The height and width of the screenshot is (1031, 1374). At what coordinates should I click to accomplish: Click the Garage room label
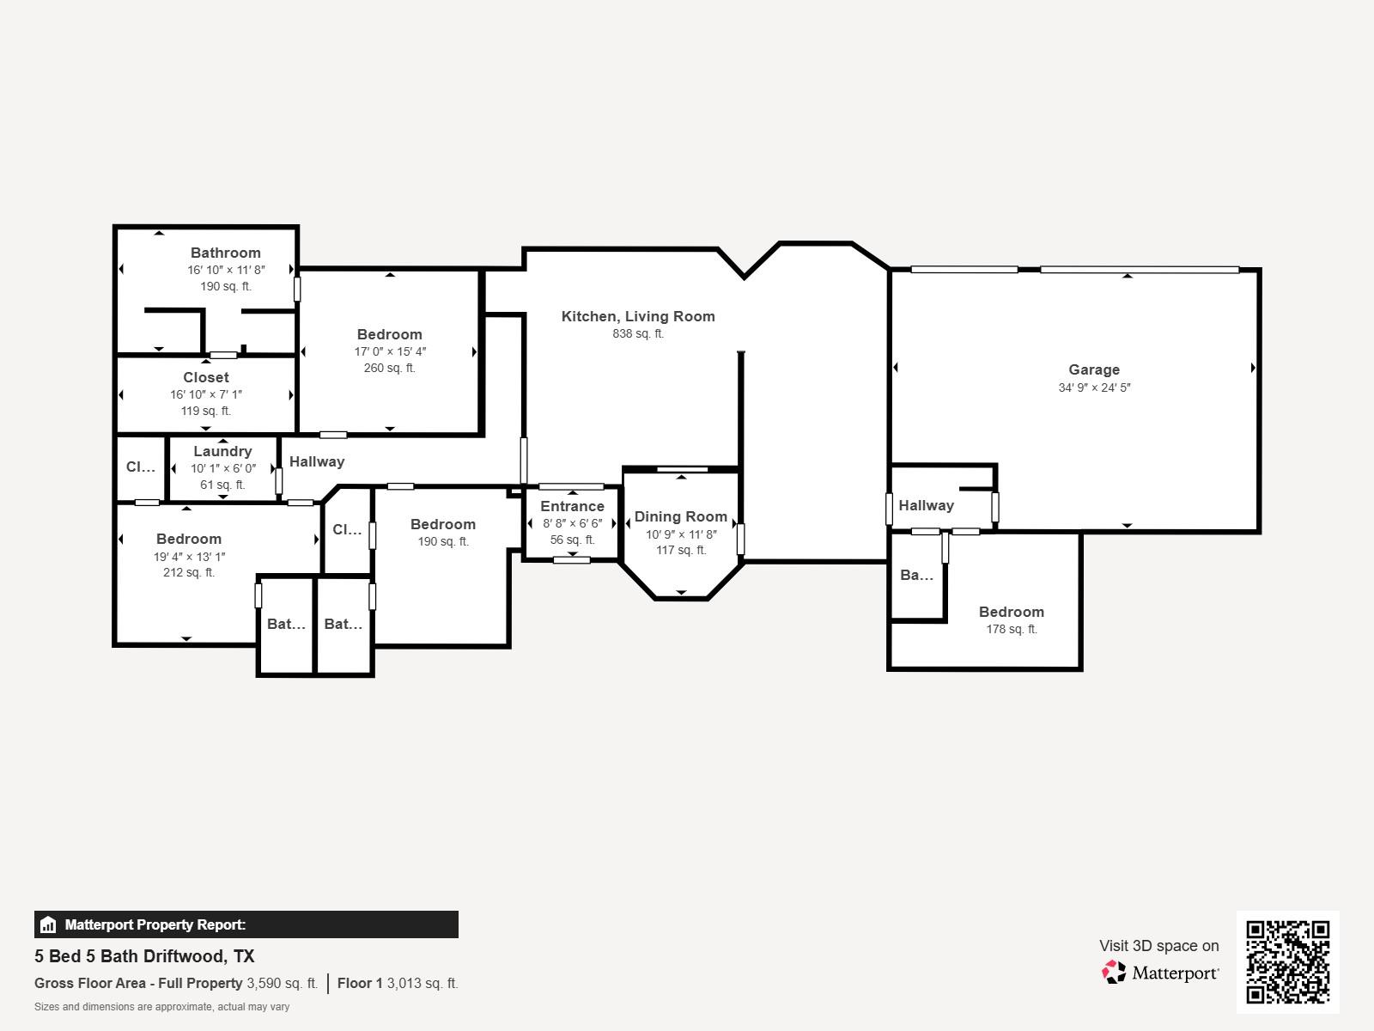click(1094, 369)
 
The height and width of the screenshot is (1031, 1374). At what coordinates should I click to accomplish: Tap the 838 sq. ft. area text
click(638, 334)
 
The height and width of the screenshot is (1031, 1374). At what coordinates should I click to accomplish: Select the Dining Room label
click(681, 516)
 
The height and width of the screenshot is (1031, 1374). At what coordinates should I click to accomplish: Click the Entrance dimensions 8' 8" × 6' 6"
click(572, 523)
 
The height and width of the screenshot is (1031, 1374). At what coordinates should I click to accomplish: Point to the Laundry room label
click(222, 451)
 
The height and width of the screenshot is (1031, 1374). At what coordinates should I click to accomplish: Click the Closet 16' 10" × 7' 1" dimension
click(206, 394)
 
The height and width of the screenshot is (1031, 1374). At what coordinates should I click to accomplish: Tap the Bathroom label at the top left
click(226, 253)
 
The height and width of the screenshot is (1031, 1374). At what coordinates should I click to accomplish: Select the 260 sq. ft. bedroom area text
click(390, 368)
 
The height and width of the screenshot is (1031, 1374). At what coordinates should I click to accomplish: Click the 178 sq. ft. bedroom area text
click(1012, 629)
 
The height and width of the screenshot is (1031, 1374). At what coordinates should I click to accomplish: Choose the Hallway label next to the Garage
click(926, 505)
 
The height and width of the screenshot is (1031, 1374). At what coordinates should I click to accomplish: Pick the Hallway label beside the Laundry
click(317, 461)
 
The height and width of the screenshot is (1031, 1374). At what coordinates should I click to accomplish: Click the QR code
click(1287, 961)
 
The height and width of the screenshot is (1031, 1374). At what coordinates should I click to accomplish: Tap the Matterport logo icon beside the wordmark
click(1114, 972)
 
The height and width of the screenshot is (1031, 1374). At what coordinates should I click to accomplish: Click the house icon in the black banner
click(48, 925)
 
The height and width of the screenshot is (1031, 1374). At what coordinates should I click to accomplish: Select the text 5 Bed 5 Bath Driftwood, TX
click(144, 956)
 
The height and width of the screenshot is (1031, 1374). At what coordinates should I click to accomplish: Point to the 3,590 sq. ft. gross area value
click(282, 983)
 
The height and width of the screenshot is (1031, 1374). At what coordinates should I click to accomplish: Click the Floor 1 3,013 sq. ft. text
click(398, 983)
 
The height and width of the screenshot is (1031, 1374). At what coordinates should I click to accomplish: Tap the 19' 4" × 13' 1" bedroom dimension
click(189, 556)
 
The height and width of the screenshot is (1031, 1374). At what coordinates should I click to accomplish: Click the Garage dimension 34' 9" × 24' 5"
click(1094, 387)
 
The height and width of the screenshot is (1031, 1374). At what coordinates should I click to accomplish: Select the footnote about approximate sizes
click(161, 1007)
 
